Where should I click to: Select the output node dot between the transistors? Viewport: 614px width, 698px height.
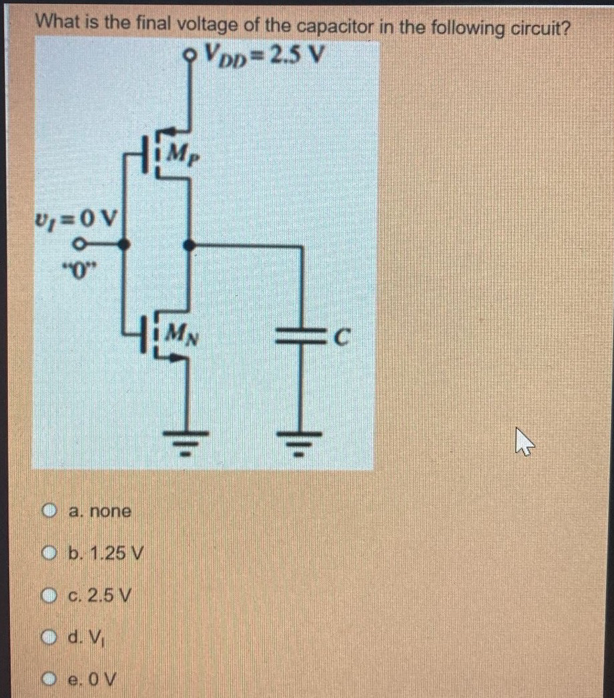coord(190,245)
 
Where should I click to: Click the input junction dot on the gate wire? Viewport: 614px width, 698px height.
coord(124,245)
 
